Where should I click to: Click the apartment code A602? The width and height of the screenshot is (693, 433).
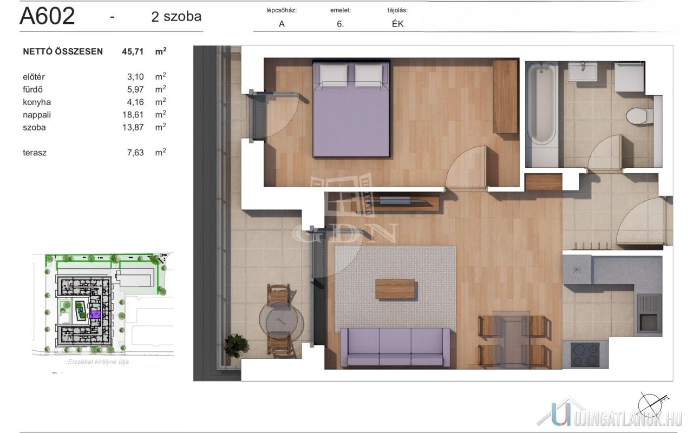(47, 16)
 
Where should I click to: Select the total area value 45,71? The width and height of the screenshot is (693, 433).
(133, 51)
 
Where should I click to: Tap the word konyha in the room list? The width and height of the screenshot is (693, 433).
(37, 102)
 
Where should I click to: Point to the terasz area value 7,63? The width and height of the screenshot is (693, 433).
(135, 153)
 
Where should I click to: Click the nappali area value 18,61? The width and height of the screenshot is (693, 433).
(133, 115)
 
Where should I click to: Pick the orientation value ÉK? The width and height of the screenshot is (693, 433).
(397, 24)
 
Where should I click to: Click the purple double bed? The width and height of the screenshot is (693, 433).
(351, 109)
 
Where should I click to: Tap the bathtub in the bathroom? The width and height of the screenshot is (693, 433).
(541, 104)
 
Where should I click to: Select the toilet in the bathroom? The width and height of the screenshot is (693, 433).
(640, 116)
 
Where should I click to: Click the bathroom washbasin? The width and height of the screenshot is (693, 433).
(583, 71)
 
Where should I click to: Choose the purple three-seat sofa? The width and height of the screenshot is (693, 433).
(395, 347)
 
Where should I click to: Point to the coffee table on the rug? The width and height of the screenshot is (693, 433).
(395, 289)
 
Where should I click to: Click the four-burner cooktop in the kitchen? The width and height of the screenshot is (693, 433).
(585, 355)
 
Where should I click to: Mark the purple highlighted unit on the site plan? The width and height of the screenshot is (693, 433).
(95, 314)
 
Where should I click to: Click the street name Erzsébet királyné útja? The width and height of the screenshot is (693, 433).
(99, 362)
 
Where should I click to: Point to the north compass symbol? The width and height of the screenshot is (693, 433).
(651, 406)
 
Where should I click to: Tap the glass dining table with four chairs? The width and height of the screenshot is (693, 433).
(511, 339)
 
